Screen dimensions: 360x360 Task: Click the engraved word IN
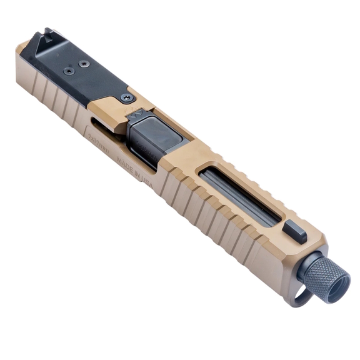(139, 175)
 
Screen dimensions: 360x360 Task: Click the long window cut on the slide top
(241, 191)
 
